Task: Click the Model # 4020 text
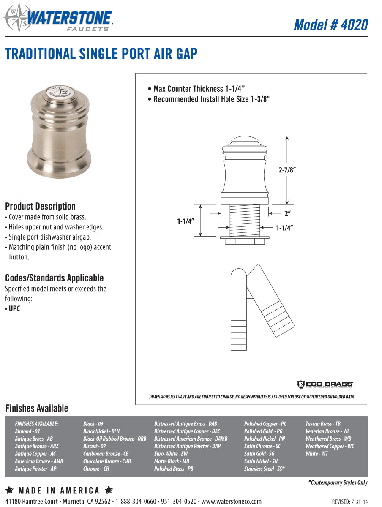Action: (330, 25)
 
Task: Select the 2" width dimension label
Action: (287, 214)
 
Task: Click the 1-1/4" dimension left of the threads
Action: (185, 221)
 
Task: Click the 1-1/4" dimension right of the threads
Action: (284, 228)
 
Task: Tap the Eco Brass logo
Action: (325, 384)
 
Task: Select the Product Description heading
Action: (40, 206)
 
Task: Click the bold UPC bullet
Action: (13, 308)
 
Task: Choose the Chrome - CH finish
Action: (96, 469)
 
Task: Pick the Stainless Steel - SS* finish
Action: (264, 469)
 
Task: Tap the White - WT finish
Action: (317, 454)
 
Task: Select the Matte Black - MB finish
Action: (172, 461)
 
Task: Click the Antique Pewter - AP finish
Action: (35, 469)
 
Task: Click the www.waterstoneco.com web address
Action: (231, 502)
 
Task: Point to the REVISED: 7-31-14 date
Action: (349, 502)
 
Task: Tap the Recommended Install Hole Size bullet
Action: (209, 99)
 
